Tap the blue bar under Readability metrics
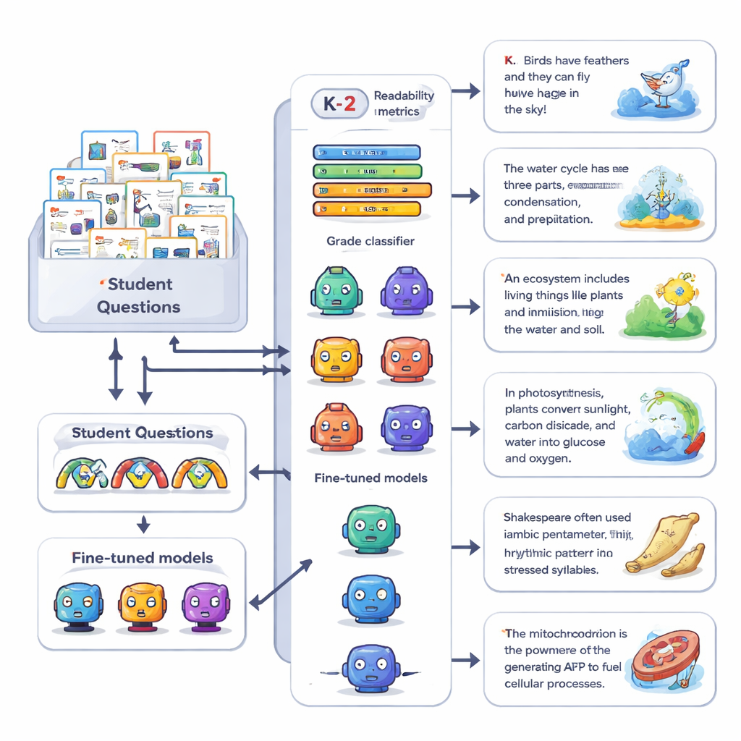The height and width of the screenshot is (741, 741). click(x=366, y=152)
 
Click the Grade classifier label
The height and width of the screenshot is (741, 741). click(x=370, y=241)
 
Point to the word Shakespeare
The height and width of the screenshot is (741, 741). click(x=536, y=517)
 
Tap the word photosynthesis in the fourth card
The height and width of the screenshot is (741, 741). click(x=564, y=393)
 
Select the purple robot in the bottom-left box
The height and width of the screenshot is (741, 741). click(x=205, y=605)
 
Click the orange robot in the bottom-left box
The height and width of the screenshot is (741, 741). click(x=142, y=605)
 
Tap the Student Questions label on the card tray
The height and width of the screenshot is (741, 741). click(x=138, y=295)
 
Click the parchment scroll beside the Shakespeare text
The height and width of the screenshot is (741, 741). click(x=664, y=543)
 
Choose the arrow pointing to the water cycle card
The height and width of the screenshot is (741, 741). click(x=466, y=195)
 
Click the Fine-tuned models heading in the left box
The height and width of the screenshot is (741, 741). click(x=142, y=558)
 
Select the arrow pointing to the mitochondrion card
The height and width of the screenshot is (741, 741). click(x=466, y=660)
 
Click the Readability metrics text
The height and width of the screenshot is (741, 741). click(x=404, y=103)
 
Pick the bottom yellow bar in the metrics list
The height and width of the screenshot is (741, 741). click(x=366, y=209)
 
